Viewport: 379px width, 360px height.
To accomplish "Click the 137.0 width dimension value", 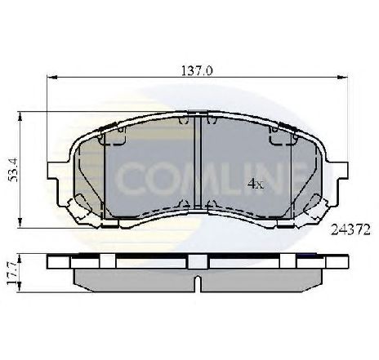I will coord(198,71).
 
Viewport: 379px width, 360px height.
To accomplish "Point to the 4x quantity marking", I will coord(255,184).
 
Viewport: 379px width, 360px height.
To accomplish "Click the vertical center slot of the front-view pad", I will coord(199,163).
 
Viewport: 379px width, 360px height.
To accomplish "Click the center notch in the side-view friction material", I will coord(199,284).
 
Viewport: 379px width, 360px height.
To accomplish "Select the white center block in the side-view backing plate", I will coord(198,263).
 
